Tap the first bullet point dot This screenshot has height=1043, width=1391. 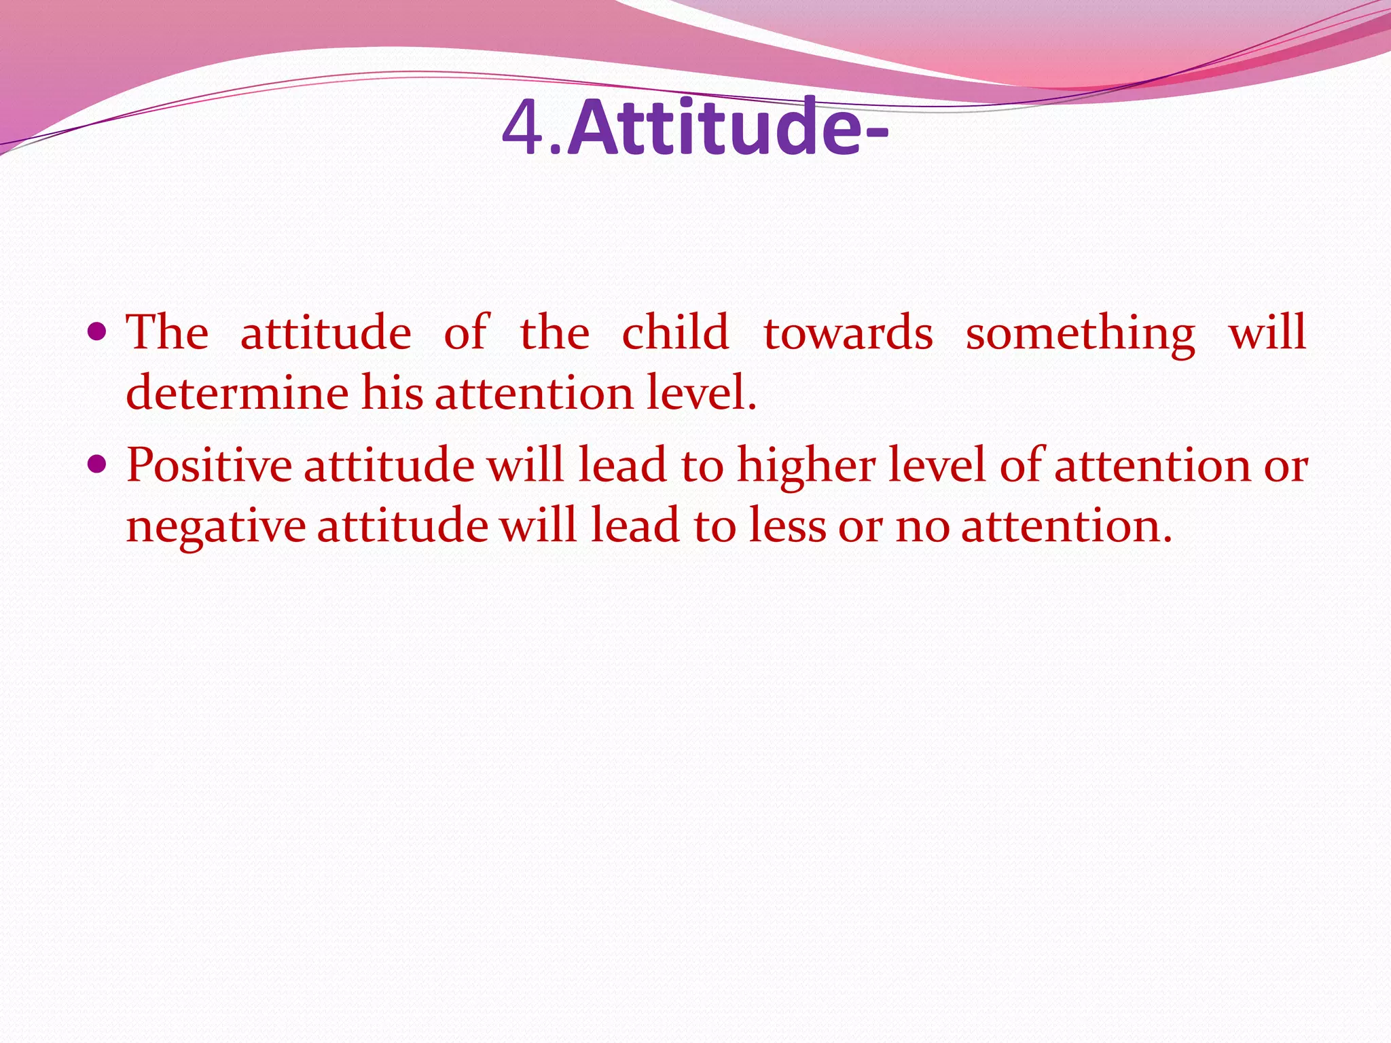(x=98, y=332)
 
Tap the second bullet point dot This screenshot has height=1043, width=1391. (x=98, y=464)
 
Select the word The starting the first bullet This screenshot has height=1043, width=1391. (x=168, y=333)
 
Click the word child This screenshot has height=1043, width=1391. (x=675, y=333)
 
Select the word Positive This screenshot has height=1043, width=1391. (x=209, y=466)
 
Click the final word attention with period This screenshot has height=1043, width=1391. (x=1066, y=527)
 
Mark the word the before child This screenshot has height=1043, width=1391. (x=555, y=333)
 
